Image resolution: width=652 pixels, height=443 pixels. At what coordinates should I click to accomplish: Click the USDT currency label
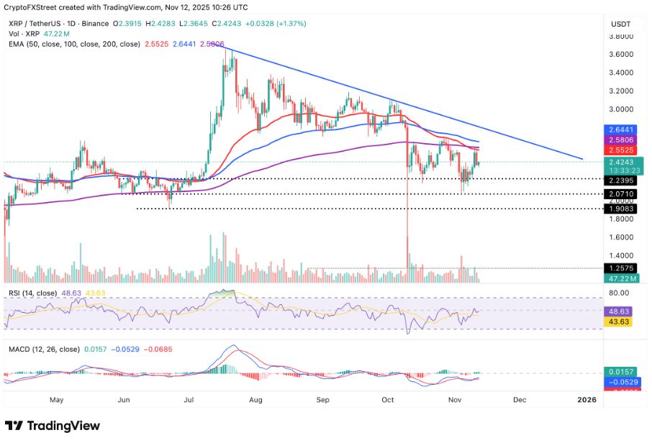coord(620,24)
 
